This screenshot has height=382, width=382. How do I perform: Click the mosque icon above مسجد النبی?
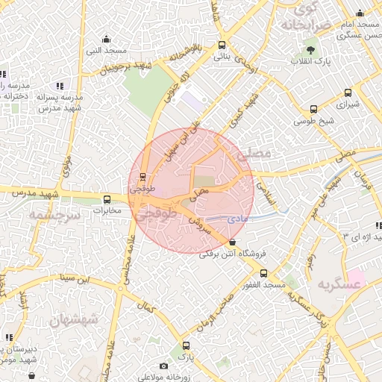coord(106,40)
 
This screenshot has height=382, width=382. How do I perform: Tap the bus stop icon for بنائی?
coord(222,45)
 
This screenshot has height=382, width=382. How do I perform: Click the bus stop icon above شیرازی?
coord(348,93)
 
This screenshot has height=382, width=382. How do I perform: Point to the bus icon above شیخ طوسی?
coord(313,110)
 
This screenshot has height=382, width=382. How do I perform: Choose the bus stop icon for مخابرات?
coord(107,199)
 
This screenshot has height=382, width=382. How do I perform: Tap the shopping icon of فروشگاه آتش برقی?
coord(234,242)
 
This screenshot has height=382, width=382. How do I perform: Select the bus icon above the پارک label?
coord(187,346)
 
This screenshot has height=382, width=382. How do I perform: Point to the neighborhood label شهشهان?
coord(74,319)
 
